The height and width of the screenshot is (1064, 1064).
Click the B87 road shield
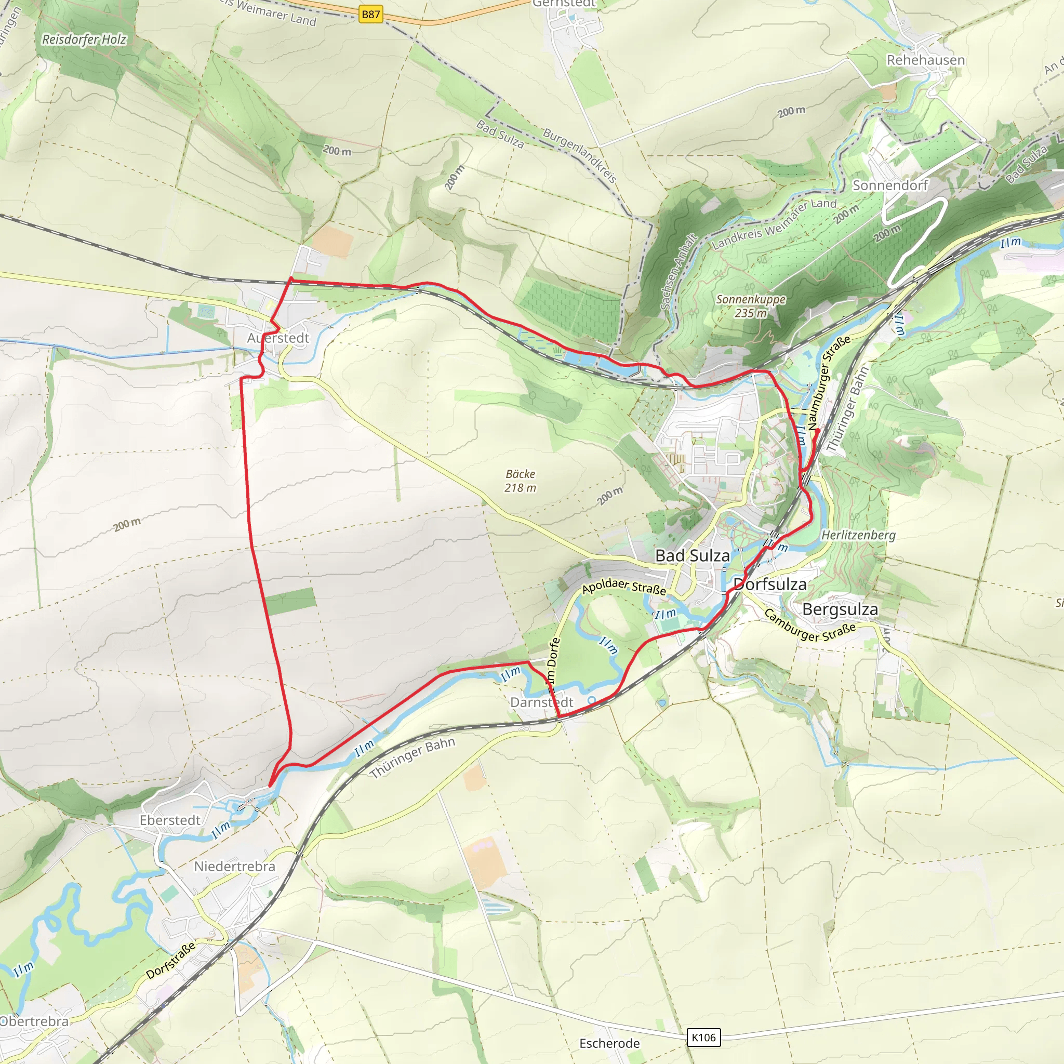[370, 15]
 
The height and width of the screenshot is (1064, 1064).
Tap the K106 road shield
[703, 1038]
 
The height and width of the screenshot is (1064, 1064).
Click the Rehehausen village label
[925, 60]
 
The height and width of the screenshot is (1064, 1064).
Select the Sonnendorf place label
[890, 185]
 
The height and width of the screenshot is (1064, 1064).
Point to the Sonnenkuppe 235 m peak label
[751, 306]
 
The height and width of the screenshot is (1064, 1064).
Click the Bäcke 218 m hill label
[520, 481]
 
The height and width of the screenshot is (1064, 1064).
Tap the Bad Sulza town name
[692, 556]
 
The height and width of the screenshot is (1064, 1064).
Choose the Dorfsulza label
[770, 584]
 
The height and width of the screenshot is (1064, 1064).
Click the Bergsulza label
[840, 609]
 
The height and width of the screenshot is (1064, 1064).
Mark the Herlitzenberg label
[858, 535]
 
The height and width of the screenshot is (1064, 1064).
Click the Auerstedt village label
[278, 338]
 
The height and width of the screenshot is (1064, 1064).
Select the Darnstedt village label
[541, 702]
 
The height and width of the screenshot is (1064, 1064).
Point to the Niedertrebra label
[235, 866]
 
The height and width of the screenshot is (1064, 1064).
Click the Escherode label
[609, 1043]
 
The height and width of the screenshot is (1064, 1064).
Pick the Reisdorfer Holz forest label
[84, 39]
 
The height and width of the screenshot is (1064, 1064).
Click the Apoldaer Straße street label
[624, 587]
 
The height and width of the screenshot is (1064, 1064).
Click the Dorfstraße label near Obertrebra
[171, 961]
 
